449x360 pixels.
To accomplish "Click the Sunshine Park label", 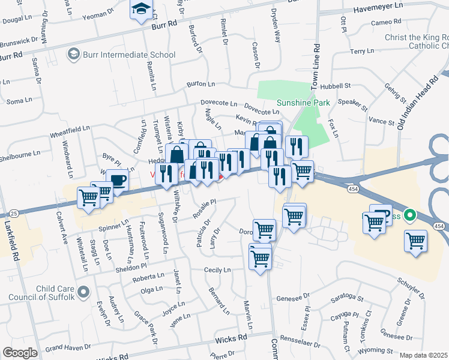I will (303, 103).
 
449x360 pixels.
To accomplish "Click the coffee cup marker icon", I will (118, 180).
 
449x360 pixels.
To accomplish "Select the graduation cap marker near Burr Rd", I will (142, 9).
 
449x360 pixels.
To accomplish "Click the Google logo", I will (20, 353).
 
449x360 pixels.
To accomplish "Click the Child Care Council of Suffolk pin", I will (83, 292).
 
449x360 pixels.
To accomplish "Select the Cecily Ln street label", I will (217, 270).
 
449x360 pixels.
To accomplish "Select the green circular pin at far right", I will (410, 214).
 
